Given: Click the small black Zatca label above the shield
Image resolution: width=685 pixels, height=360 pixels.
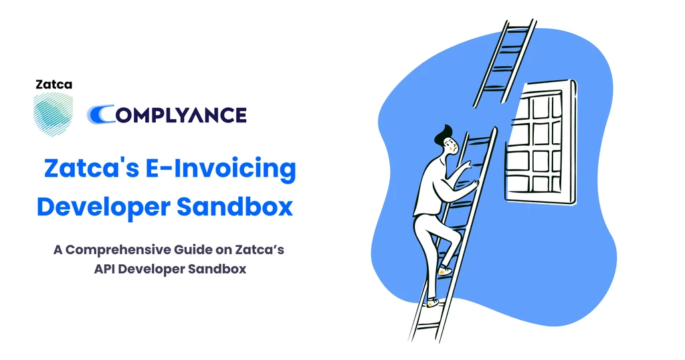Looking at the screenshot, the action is point(54,84).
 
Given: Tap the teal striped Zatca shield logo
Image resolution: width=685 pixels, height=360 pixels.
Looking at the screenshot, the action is point(54,114).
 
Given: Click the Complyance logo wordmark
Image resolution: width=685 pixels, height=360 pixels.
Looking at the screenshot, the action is point(167,114).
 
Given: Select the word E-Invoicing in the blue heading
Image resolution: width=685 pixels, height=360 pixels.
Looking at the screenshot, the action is point(221,169).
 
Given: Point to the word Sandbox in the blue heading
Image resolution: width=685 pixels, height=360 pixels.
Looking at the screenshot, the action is point(235,207).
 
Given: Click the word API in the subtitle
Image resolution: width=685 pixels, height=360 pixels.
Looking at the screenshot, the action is point(104,269).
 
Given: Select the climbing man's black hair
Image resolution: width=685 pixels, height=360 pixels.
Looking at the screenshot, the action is point(444,134).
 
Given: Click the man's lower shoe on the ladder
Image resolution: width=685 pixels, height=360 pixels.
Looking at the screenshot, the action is point(433,302).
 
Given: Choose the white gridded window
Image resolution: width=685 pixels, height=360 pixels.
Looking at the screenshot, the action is point(541,142).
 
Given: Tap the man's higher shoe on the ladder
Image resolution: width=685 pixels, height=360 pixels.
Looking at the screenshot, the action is point(445,271).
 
